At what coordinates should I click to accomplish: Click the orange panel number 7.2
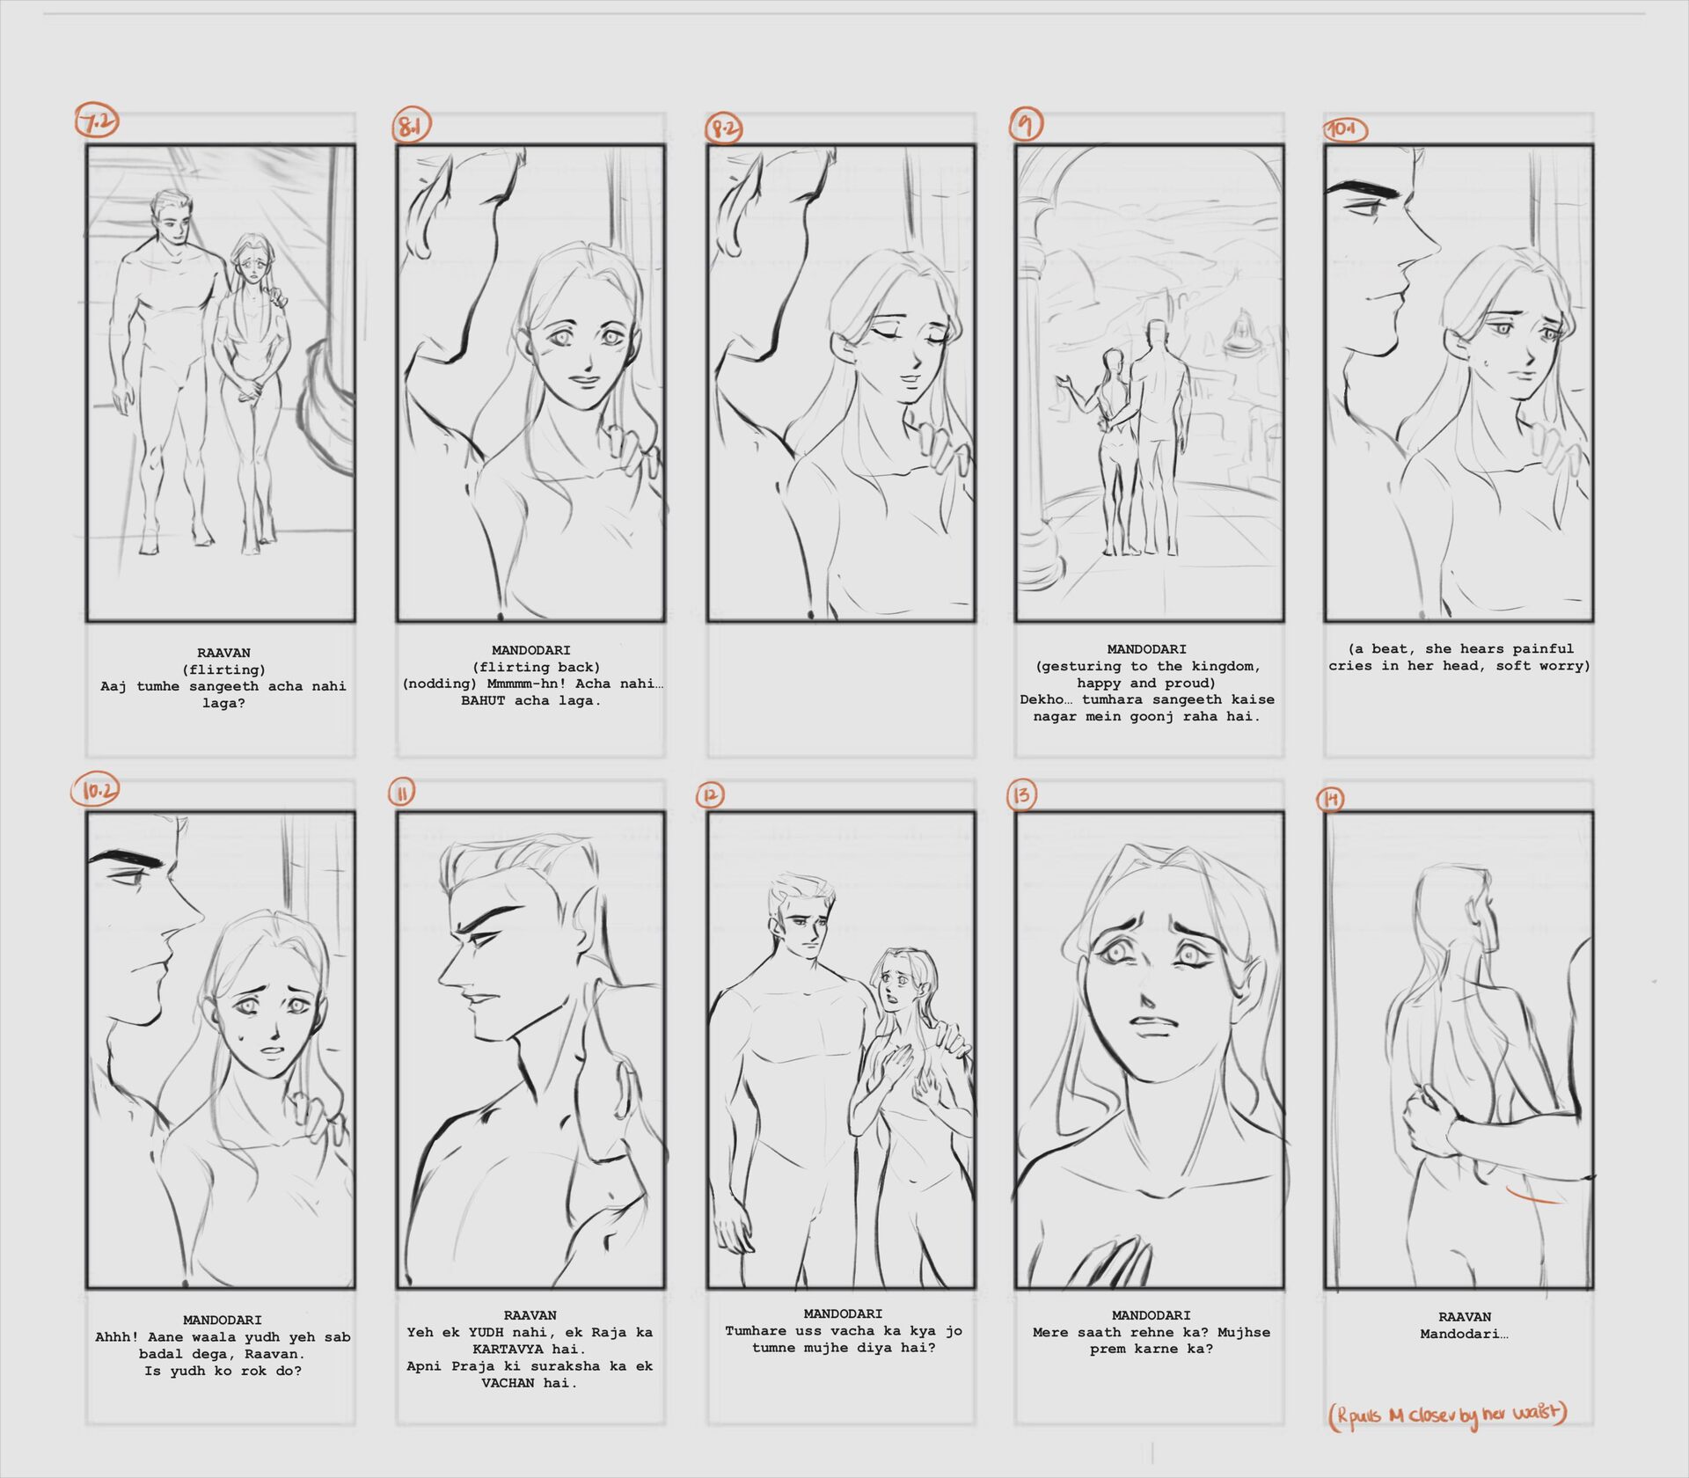[x=97, y=122]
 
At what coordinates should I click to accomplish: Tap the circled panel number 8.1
[x=410, y=127]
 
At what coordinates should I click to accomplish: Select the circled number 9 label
[x=1026, y=124]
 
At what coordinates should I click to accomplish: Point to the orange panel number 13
[x=1021, y=795]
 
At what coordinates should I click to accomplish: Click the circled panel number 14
[x=1332, y=799]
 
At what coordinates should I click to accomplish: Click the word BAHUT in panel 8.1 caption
[x=483, y=701]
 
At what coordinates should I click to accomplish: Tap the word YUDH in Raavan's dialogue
[x=486, y=1332]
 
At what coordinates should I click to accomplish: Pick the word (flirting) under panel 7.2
[x=223, y=669]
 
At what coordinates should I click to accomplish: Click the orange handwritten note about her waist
[x=1448, y=1416]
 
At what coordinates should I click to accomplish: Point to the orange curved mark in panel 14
[x=1534, y=1196]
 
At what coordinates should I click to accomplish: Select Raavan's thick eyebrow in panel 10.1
[x=1360, y=188]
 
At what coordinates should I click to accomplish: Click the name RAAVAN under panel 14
[x=1465, y=1317]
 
